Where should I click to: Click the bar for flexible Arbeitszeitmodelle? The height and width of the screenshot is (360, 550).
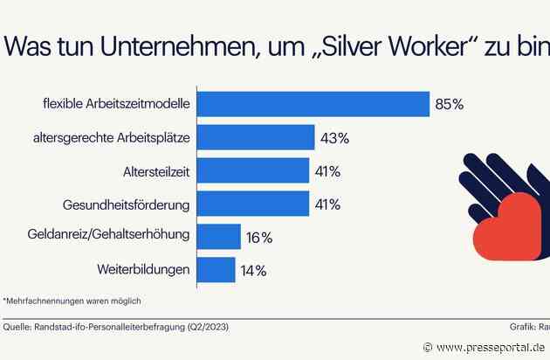click(x=313, y=104)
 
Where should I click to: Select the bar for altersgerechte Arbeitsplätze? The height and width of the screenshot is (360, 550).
click(x=255, y=137)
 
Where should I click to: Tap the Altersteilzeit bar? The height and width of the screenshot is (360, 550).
click(x=252, y=170)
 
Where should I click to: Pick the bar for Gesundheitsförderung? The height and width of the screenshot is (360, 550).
click(x=252, y=204)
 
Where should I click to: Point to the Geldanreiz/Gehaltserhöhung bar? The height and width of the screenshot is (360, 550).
click(x=218, y=237)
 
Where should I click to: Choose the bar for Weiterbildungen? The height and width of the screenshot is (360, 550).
click(x=216, y=269)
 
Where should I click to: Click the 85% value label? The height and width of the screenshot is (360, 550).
click(x=449, y=104)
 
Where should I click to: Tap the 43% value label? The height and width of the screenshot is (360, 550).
click(x=334, y=137)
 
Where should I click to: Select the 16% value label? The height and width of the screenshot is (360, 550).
click(x=259, y=237)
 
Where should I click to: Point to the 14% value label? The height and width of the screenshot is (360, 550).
click(x=254, y=270)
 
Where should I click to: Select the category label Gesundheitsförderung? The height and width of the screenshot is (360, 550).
click(x=127, y=204)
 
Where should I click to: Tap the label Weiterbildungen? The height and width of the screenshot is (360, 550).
click(x=141, y=269)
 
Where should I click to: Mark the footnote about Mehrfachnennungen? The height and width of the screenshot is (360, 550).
click(x=72, y=301)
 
